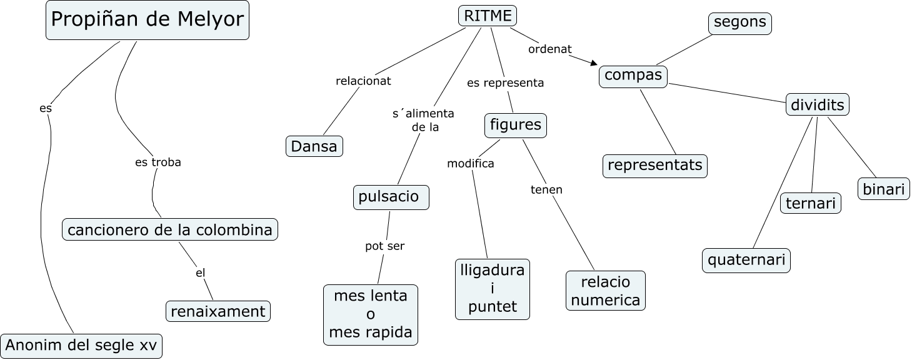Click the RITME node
[x=488, y=16]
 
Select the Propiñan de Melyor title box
[x=147, y=21]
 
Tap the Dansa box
[x=314, y=146]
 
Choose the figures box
[x=516, y=125]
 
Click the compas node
[x=633, y=76]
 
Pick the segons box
[x=740, y=22]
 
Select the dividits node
[x=817, y=105]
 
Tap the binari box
[x=884, y=189]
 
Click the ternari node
[x=811, y=203]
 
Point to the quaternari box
[x=746, y=260]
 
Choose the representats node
[x=655, y=166]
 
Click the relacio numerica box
[x=606, y=291]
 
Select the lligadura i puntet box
[x=493, y=289]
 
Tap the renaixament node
[x=218, y=311]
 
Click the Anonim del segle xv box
[x=81, y=346]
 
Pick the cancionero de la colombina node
[x=170, y=229]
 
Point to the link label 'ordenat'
[x=550, y=49]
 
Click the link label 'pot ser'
[x=385, y=246]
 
